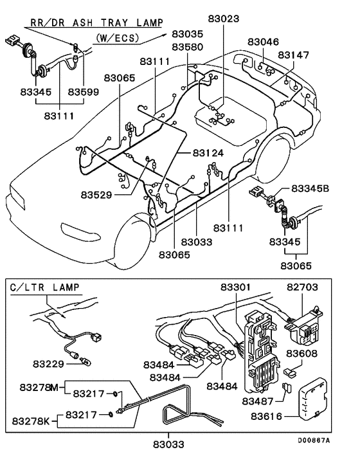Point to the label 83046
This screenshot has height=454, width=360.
[263, 42]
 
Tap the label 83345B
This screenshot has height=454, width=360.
[310, 189]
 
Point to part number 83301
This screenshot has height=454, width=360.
[238, 286]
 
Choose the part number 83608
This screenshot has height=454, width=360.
[302, 354]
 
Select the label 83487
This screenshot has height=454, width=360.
[259, 401]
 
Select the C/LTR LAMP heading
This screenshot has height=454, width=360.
[42, 286]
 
